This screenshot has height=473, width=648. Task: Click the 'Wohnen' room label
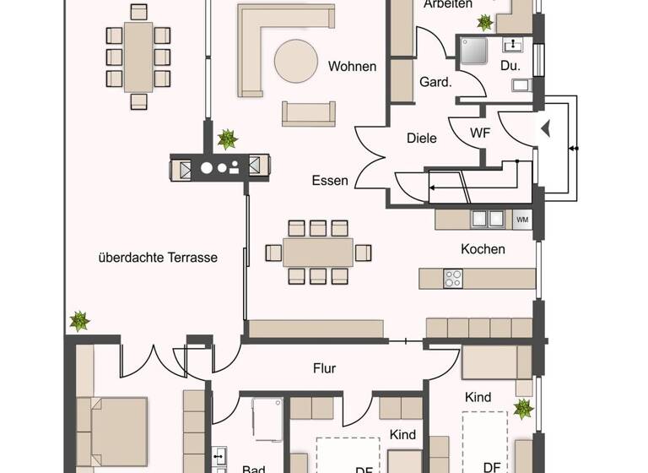[x=353, y=67]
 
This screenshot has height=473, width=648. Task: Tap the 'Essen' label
[x=330, y=180]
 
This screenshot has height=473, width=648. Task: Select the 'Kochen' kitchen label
[x=483, y=249]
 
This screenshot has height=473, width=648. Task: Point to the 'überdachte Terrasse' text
[x=158, y=258]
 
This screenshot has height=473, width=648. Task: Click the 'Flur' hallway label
[x=325, y=368]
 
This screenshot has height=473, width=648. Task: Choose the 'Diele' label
[x=421, y=138]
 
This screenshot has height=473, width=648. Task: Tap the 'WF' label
[x=479, y=133]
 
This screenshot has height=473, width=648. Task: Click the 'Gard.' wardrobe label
[x=435, y=82]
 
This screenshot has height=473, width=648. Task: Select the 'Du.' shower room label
[x=510, y=65]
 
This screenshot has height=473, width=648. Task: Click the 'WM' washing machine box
[x=522, y=220]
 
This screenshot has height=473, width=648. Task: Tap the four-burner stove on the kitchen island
[x=454, y=278]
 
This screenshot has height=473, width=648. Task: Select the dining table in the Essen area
[x=318, y=252]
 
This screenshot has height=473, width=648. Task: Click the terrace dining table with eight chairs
[x=138, y=57]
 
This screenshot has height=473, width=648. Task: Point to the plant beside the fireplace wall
[x=227, y=139]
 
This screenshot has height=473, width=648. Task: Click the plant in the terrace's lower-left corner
[x=79, y=321]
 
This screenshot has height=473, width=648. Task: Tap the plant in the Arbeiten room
[x=485, y=22]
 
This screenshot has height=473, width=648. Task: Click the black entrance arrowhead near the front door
[x=545, y=129]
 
